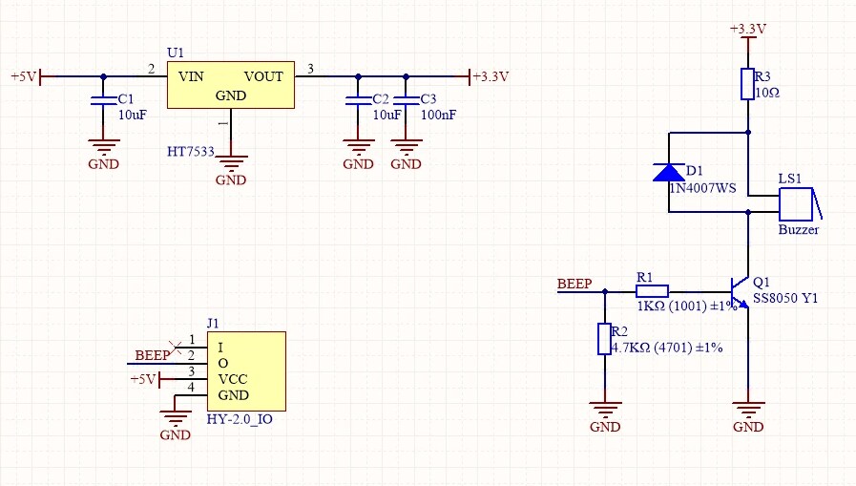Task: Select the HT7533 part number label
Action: pos(190,152)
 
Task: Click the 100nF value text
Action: pos(438,114)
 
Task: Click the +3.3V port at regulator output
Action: pos(490,76)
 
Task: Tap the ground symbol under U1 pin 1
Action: pos(231,164)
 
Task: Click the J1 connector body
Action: pos(246,370)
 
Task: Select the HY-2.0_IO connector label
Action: pos(240,418)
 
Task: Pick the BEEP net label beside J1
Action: pos(152,355)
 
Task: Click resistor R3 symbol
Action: pos(747,84)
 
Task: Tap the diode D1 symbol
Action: pos(668,172)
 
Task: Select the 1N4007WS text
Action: pos(703,188)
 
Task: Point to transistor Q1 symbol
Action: pos(740,290)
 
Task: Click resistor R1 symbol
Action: pos(652,289)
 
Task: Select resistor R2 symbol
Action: pos(603,339)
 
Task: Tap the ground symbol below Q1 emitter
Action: pos(748,411)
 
